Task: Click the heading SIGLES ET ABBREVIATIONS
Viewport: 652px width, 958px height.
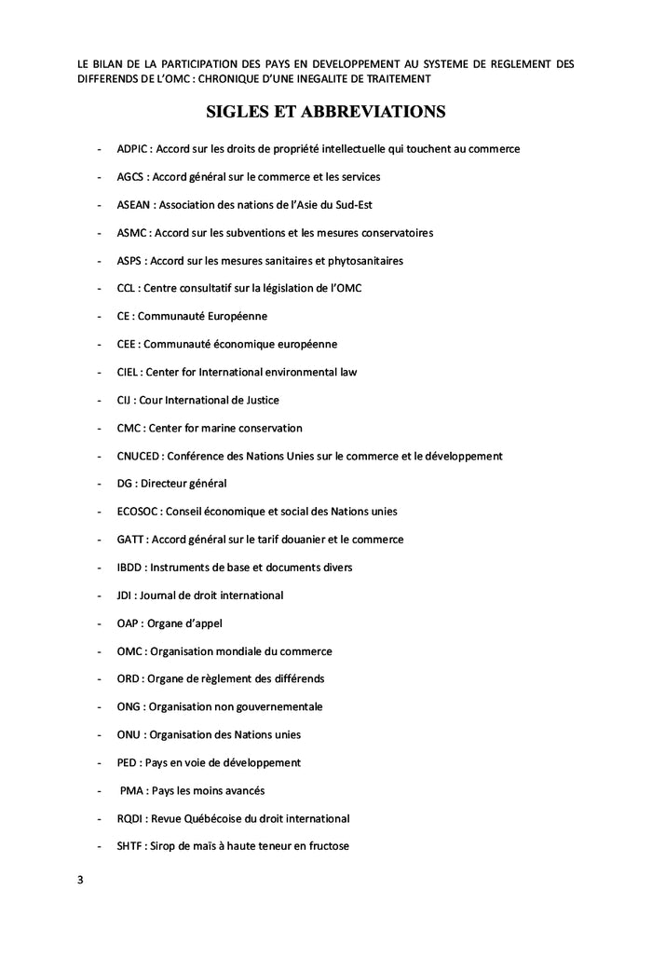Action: [x=325, y=112]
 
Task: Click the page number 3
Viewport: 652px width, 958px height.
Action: [x=81, y=879]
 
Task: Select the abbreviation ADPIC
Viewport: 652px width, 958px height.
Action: [x=133, y=149]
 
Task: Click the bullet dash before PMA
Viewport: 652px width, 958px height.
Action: [x=100, y=790]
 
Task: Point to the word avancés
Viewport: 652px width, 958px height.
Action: [x=241, y=790]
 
